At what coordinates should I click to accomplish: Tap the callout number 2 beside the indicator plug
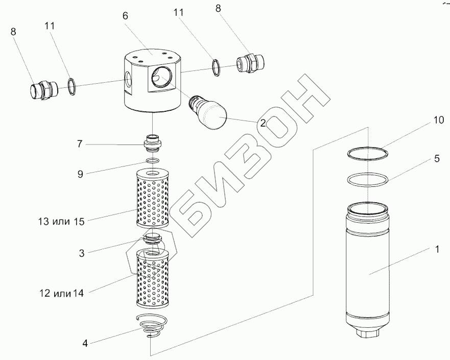pos(262,123)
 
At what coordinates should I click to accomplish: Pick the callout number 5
pos(437,159)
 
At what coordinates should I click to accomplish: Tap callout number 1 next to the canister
pos(437,251)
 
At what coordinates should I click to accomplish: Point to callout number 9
pos(81,174)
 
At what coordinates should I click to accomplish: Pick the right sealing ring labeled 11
pos(217,68)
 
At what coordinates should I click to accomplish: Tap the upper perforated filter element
pos(151,200)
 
